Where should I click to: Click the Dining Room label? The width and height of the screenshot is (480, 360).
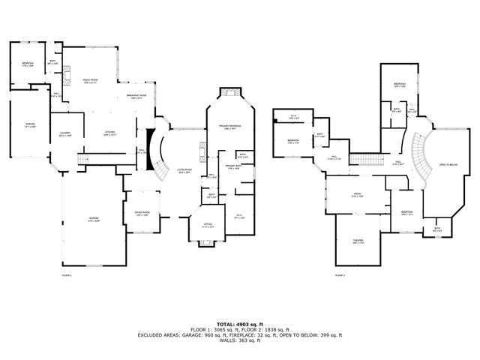tap(142, 213)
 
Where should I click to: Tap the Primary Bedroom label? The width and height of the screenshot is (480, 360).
tap(230, 127)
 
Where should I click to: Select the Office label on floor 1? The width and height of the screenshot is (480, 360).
tap(208, 225)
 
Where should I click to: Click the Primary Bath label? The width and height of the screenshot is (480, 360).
tap(233, 168)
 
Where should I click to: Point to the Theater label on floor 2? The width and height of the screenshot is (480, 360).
tap(358, 241)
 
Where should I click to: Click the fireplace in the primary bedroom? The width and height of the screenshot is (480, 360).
tap(229, 93)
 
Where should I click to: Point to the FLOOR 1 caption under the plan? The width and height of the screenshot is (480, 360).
tap(67, 275)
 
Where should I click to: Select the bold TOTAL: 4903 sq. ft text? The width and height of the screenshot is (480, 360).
tap(239, 324)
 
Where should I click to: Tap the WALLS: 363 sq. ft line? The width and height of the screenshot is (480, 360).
tap(239, 340)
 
